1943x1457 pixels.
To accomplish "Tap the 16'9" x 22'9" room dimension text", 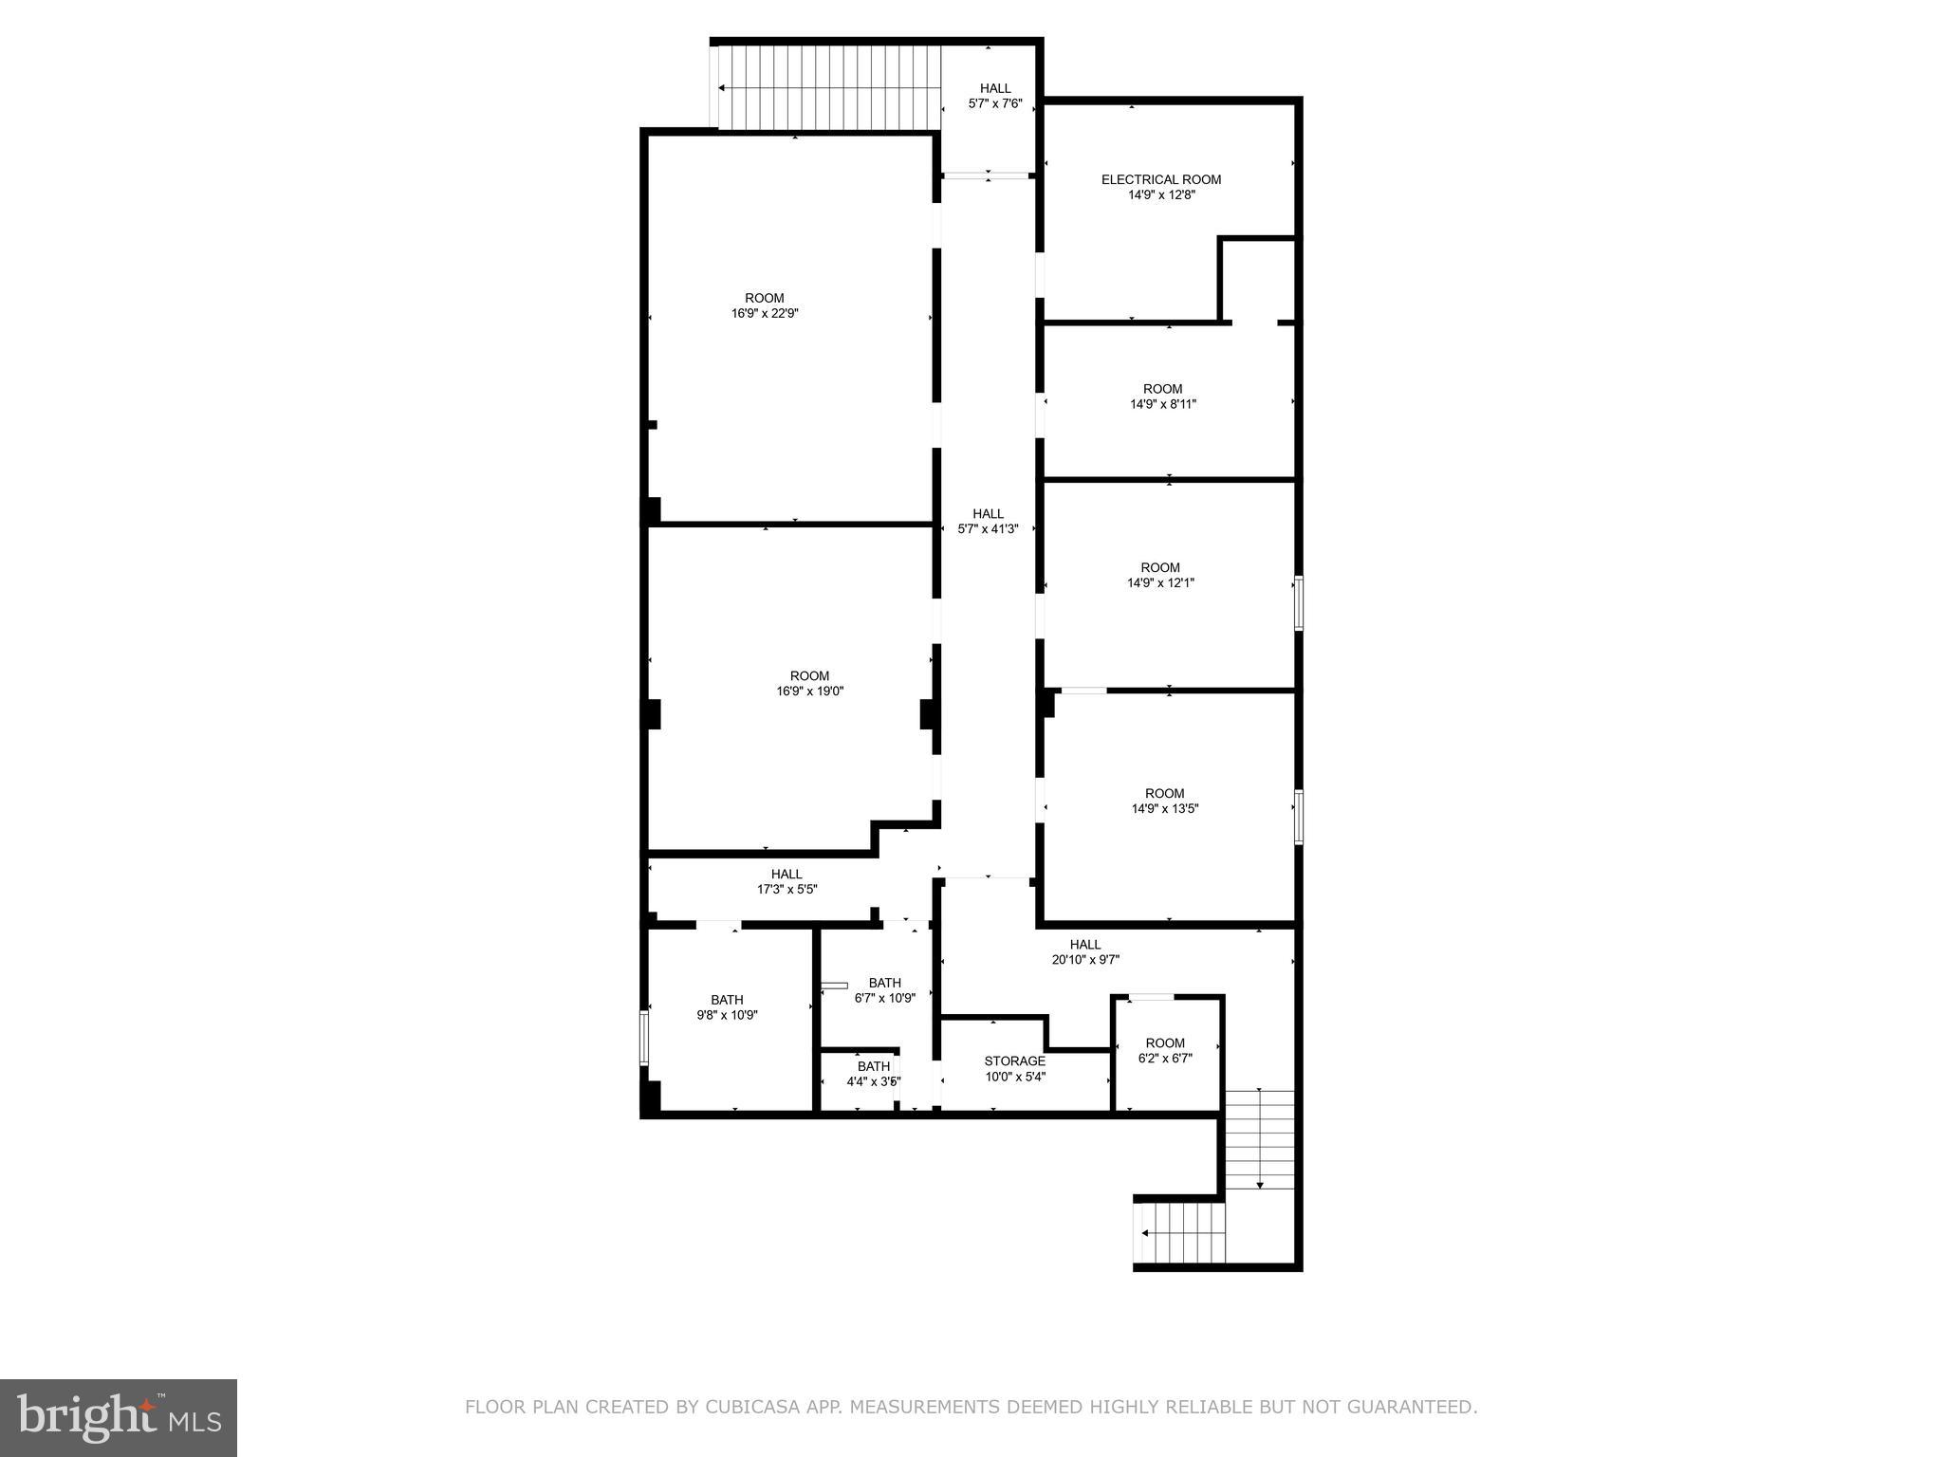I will coord(765,314).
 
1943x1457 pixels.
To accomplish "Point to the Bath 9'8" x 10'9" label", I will coord(727,1007).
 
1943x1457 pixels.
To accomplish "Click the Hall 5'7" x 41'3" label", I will coord(988,522).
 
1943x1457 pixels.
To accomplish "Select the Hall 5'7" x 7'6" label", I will coord(995,96).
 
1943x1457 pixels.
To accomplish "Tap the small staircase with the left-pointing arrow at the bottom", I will coord(1182,1233).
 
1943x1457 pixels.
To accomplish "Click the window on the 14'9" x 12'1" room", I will coord(1299,603).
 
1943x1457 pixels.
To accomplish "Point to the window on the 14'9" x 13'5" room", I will coord(1299,817).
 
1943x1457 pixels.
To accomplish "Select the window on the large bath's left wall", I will coord(644,1037).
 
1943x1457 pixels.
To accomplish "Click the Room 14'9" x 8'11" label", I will coord(1162,397).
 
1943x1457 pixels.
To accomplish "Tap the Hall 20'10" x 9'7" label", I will coord(1085,951).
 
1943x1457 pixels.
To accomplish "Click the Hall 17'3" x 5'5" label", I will coord(786,881).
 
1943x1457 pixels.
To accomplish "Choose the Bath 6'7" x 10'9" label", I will coord(884,990).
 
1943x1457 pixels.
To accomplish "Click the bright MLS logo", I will coord(119,1417).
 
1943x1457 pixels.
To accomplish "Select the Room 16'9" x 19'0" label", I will coord(809,684).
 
